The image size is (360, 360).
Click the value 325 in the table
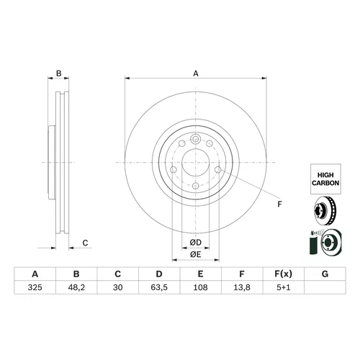(35, 287)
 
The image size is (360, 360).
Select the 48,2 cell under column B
(76, 287)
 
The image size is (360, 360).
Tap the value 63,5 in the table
(159, 287)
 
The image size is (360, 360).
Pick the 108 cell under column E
(200, 287)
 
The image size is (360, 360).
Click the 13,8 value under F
(242, 287)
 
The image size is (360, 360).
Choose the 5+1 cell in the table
(284, 287)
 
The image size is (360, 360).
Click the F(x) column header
(284, 274)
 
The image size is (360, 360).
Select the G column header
(325, 274)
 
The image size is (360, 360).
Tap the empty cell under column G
(325, 287)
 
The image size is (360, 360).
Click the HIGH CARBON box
(325, 179)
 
